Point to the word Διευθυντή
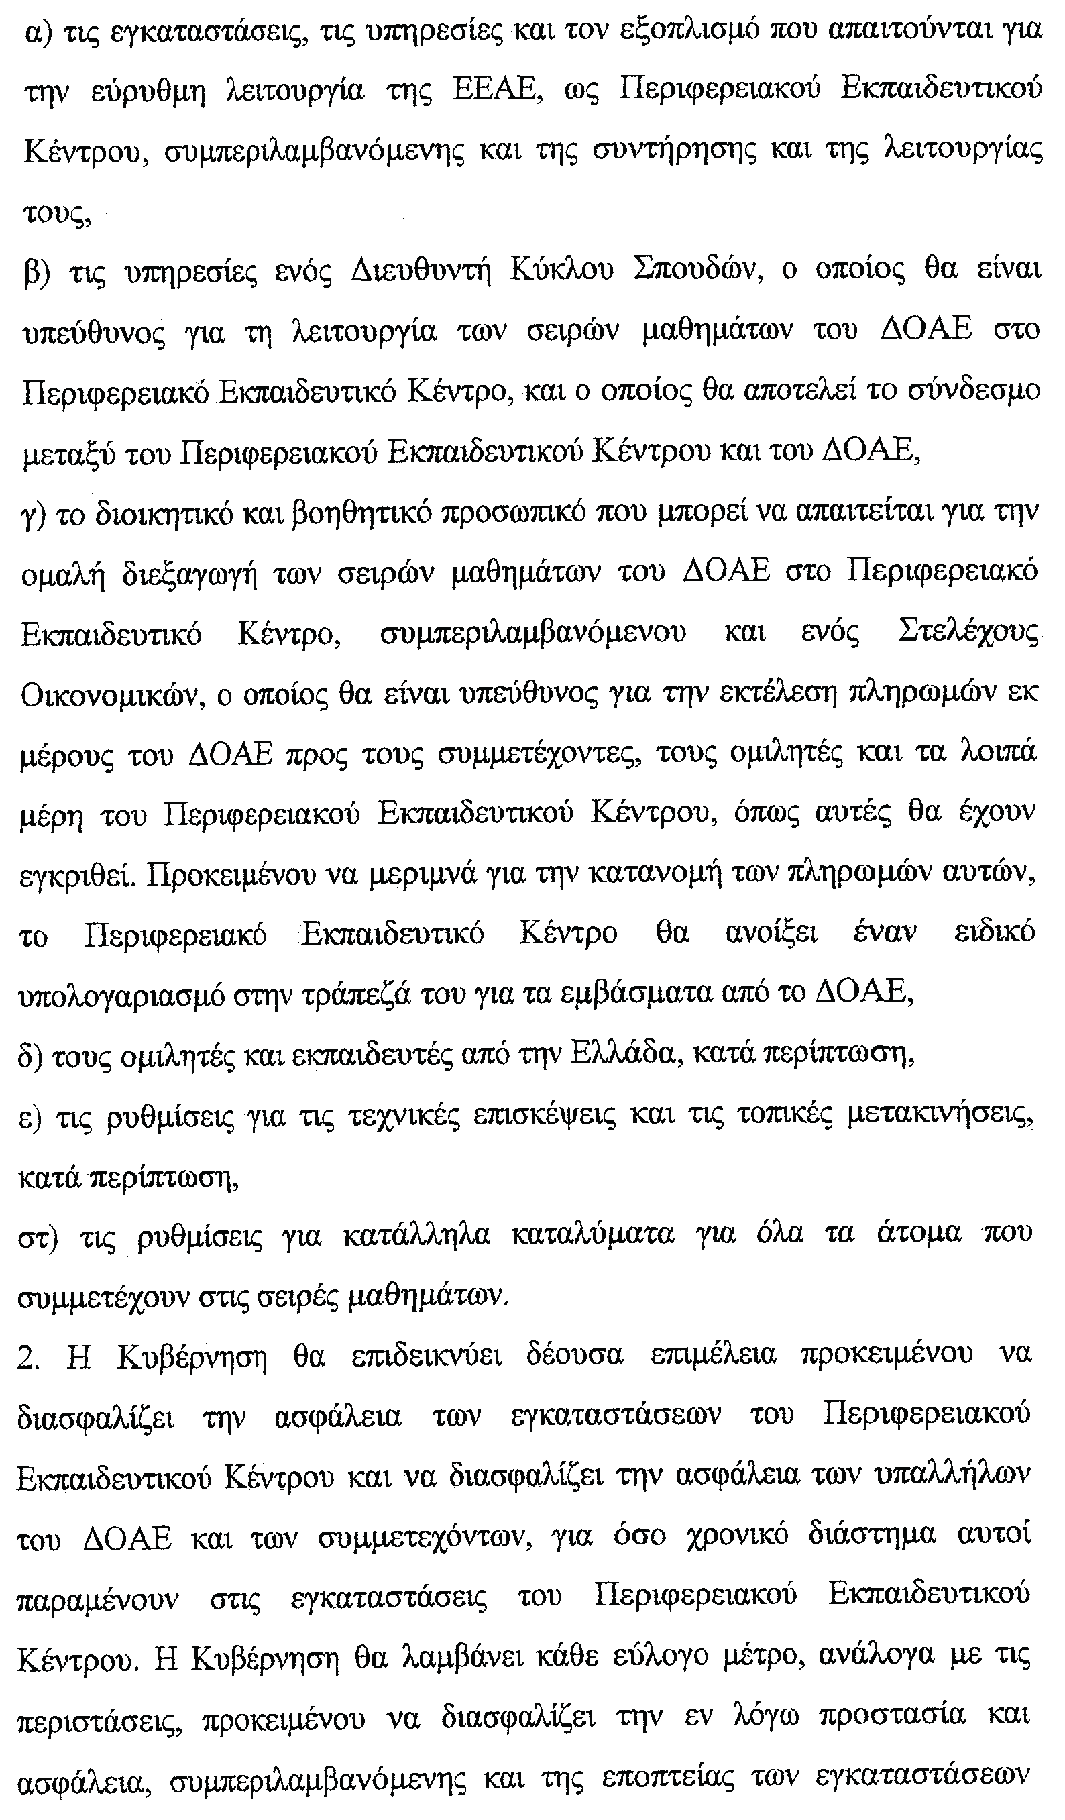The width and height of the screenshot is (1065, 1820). [x=421, y=271]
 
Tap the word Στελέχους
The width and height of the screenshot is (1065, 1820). [x=968, y=633]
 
